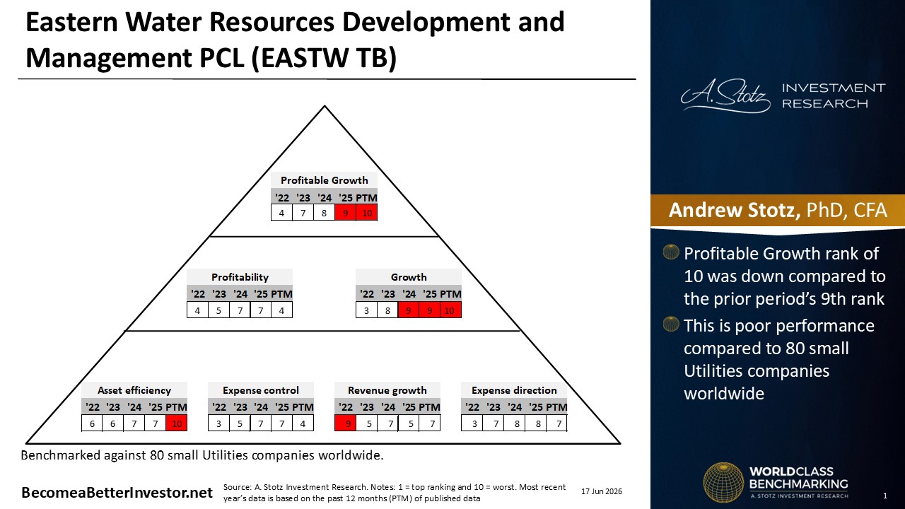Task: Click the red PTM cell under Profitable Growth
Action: (x=367, y=213)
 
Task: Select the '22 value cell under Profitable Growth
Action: (x=281, y=213)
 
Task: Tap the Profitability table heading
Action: (x=240, y=277)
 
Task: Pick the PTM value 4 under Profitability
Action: (x=281, y=310)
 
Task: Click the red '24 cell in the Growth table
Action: (x=409, y=310)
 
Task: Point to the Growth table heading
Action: (x=409, y=277)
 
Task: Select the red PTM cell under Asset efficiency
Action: (x=177, y=423)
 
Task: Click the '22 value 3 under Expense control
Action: (x=218, y=423)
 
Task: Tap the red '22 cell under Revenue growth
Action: (x=346, y=423)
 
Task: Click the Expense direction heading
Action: (x=514, y=390)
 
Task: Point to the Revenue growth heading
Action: (x=387, y=390)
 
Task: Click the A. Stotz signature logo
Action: (x=725, y=95)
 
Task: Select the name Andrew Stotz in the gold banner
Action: (x=734, y=210)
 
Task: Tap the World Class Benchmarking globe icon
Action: (x=723, y=482)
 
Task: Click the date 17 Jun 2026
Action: (x=602, y=491)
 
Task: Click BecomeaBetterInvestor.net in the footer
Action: (x=117, y=493)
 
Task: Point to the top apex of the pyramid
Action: (x=325, y=106)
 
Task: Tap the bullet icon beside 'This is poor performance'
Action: (x=671, y=324)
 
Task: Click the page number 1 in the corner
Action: (x=885, y=496)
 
